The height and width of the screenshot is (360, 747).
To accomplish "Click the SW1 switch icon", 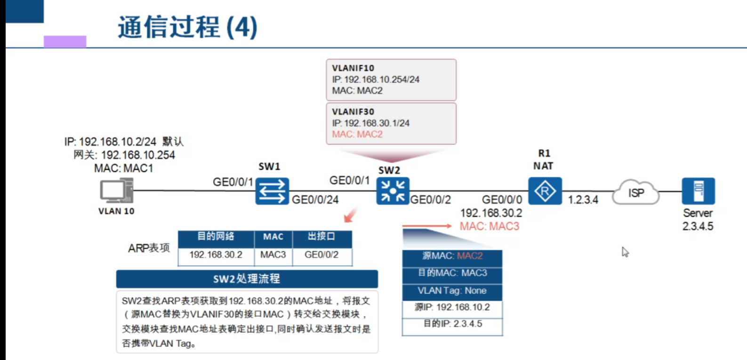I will tap(272, 191).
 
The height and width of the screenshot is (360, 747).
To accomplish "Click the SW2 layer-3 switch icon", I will tap(393, 191).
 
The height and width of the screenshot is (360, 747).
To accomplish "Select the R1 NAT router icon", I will tap(545, 191).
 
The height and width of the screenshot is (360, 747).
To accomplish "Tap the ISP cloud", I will tap(636, 192).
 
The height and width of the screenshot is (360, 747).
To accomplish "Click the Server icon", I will tap(698, 191).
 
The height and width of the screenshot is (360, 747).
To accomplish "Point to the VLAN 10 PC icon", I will tap(116, 191).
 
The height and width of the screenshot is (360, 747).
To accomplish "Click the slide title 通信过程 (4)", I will tap(187, 27).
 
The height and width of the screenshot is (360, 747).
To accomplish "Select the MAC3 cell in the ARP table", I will tap(273, 255).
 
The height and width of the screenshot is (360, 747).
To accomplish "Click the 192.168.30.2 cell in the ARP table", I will tap(216, 255).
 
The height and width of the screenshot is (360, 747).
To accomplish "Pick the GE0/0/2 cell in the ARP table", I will tap(321, 255).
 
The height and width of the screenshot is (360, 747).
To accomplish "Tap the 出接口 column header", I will tap(321, 236).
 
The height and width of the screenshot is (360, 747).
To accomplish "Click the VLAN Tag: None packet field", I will tap(452, 291).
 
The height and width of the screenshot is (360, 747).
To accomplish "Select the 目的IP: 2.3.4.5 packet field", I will tap(452, 324).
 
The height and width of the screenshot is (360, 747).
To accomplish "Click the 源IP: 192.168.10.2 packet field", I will tap(452, 307).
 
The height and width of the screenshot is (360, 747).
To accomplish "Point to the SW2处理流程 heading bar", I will tap(247, 279).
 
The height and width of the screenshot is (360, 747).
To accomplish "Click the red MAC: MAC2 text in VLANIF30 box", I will tap(357, 135).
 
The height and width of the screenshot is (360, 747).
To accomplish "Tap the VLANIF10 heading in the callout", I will tap(353, 68).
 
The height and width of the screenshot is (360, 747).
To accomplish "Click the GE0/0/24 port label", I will tap(315, 200).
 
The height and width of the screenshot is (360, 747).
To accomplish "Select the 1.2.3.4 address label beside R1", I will tap(583, 200).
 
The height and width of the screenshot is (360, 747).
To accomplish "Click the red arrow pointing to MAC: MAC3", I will tap(427, 226).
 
